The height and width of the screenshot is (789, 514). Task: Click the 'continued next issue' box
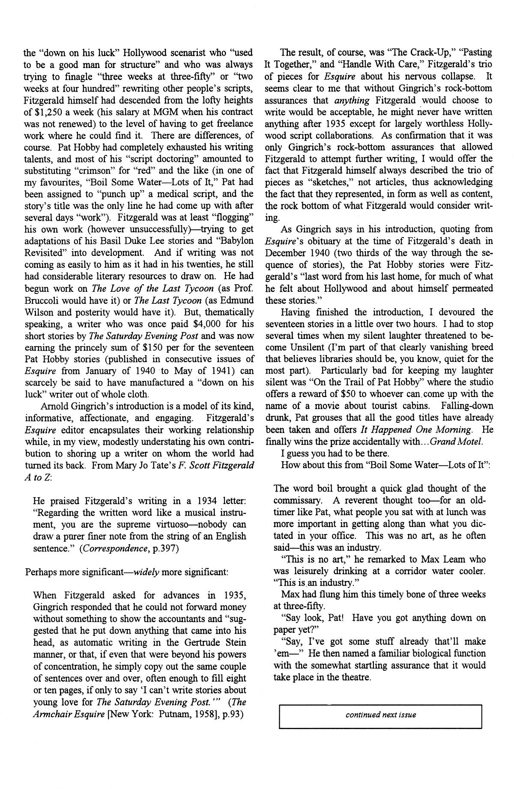(380, 715)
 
